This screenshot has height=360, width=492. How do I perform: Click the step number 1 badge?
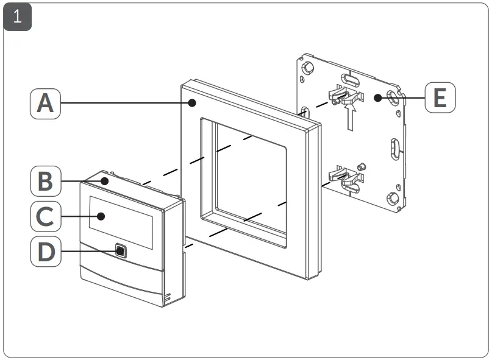point(17,17)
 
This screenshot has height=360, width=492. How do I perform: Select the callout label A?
point(45,103)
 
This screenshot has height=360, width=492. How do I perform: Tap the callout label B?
point(45,182)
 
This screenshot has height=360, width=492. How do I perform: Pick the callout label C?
point(45,216)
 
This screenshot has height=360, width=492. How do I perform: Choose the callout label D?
point(45,250)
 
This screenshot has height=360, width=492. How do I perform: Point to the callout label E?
point(440,97)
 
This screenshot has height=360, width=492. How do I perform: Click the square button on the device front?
point(121,250)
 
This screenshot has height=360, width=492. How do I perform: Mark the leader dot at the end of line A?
point(192,103)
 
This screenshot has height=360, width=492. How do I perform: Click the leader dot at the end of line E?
point(378,97)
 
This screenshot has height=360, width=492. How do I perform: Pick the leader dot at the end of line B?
point(105,181)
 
